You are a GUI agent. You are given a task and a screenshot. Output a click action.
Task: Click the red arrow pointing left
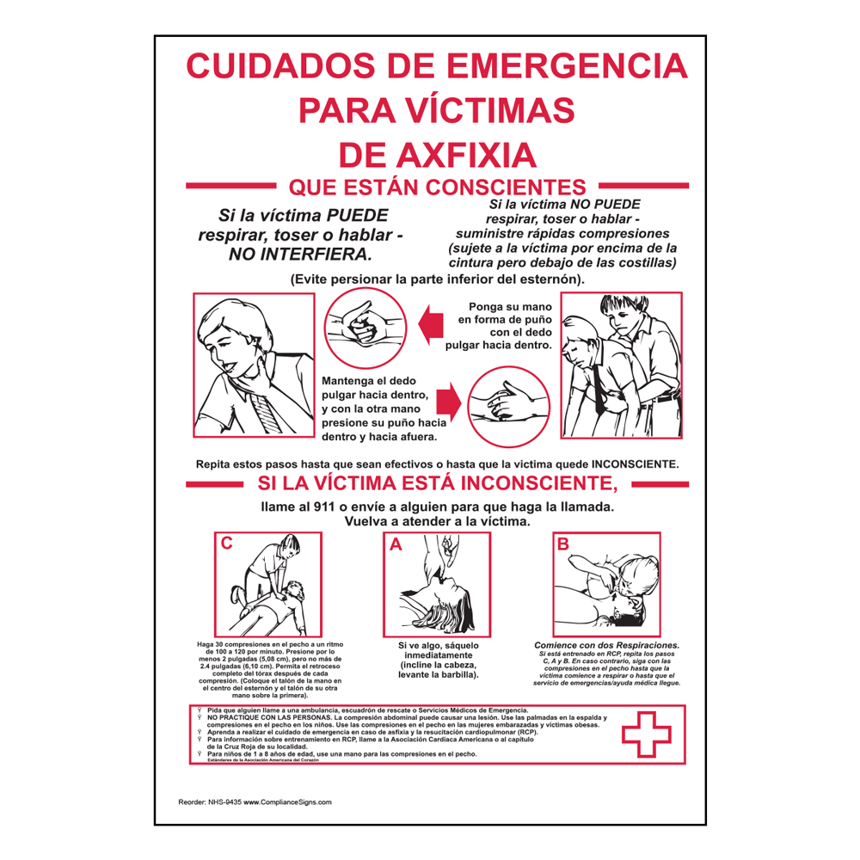(x=430, y=325)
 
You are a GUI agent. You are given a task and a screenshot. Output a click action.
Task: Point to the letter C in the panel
(x=226, y=543)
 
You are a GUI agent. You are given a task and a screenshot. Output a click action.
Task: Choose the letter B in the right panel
(x=563, y=544)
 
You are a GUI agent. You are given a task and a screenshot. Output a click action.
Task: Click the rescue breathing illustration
(x=606, y=585)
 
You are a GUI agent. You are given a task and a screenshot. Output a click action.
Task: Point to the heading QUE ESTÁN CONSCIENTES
(x=438, y=186)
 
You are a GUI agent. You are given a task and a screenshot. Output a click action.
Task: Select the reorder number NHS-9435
(x=221, y=802)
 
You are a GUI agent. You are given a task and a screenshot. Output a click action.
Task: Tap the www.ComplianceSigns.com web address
(x=287, y=802)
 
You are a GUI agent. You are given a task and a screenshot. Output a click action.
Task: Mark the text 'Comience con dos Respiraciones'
(x=606, y=645)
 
